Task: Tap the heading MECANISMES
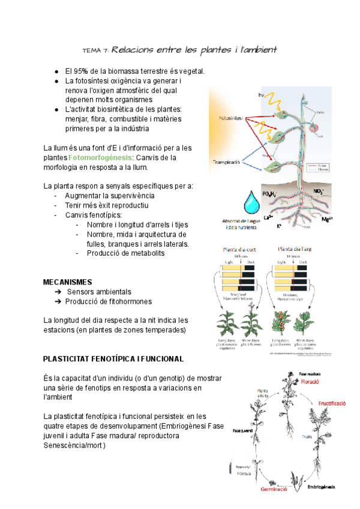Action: click(68, 282)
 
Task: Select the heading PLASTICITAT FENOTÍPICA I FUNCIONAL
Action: click(113, 359)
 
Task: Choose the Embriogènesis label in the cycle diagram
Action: click(322, 486)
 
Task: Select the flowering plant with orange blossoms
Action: click(280, 322)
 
